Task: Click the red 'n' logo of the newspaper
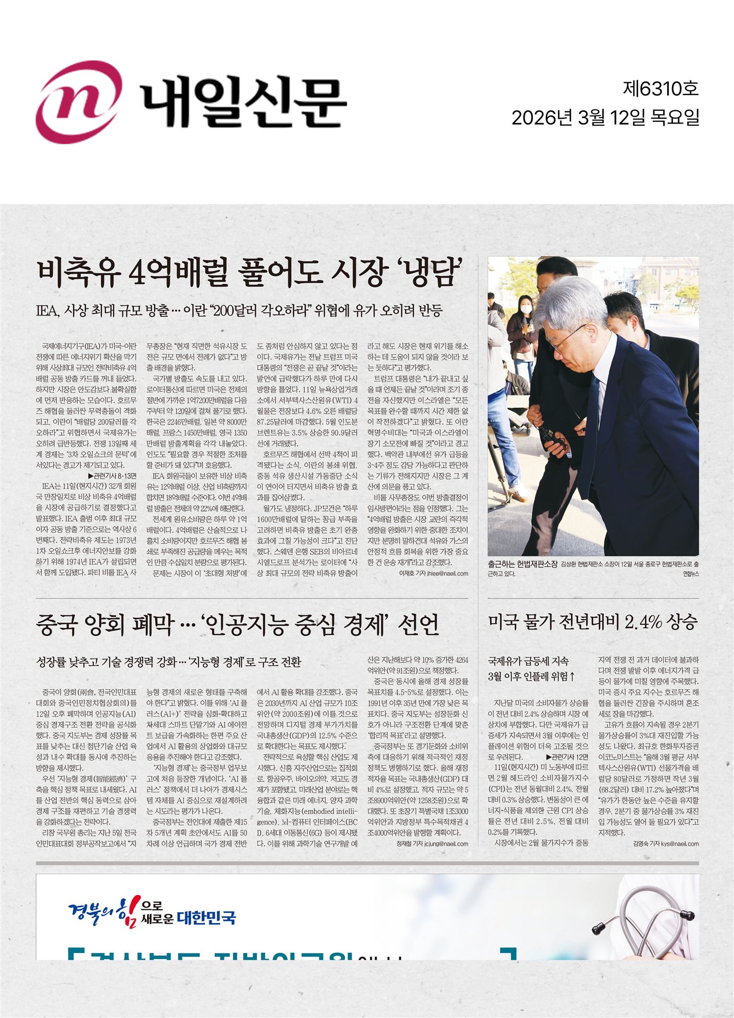point(78,102)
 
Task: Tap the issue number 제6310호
point(660,89)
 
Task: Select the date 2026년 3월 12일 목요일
point(605,118)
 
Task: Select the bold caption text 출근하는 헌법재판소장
point(522,564)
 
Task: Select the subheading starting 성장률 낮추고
point(169,662)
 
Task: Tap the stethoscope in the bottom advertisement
point(642,920)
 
